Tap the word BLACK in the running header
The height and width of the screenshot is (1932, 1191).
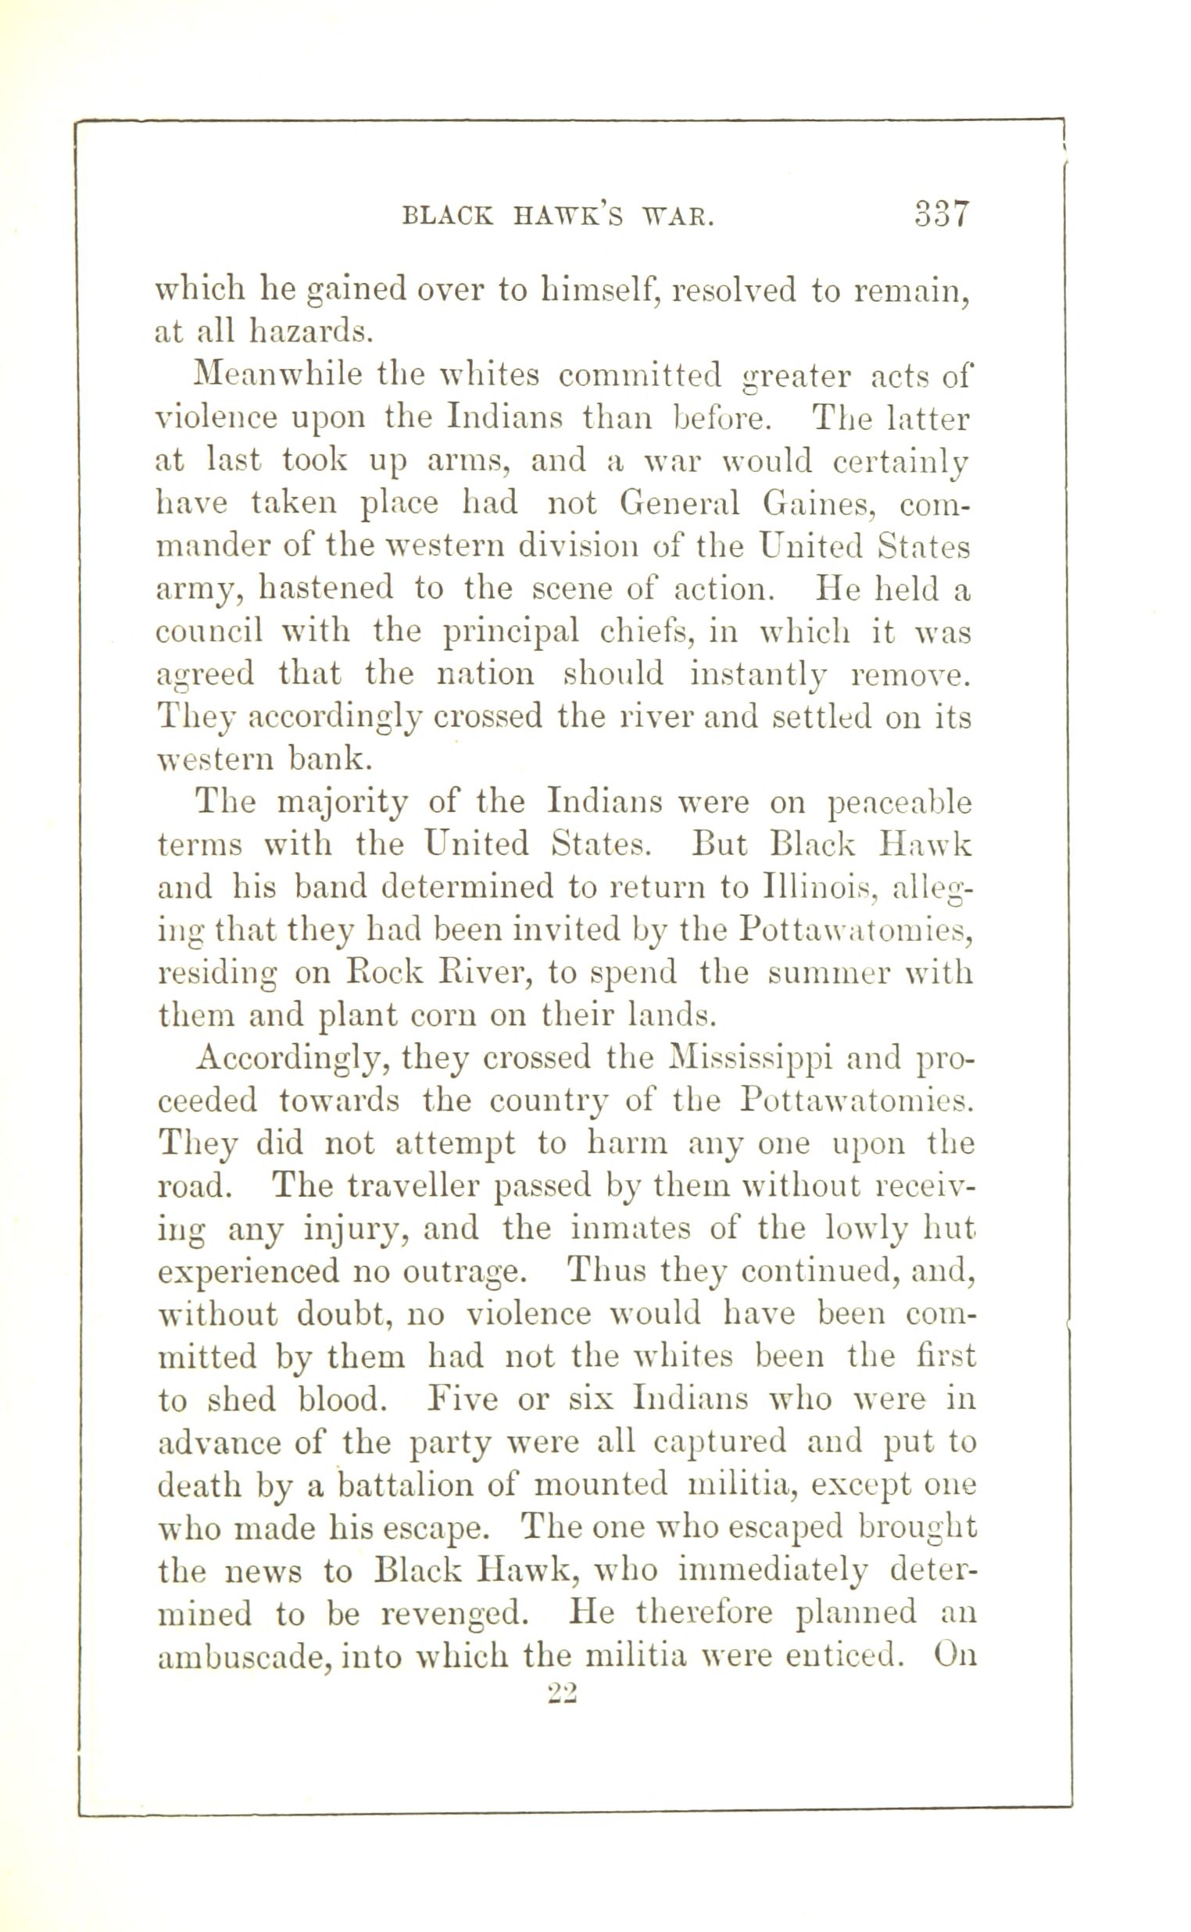447,216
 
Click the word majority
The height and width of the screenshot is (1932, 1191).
345,803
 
